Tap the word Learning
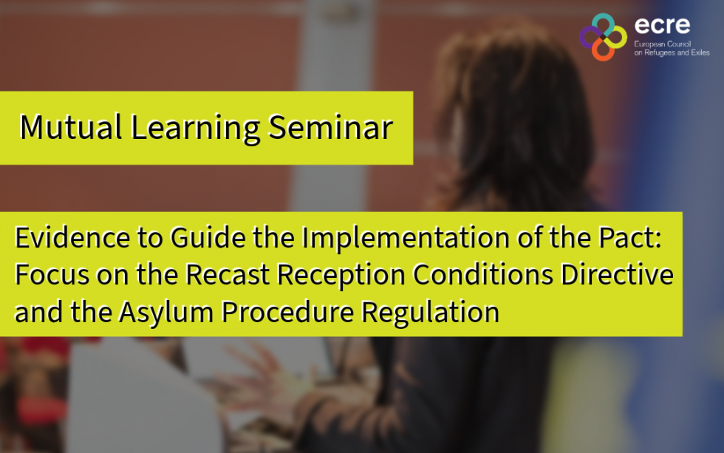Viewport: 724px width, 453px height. point(196,127)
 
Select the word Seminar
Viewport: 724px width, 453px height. point(329,127)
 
